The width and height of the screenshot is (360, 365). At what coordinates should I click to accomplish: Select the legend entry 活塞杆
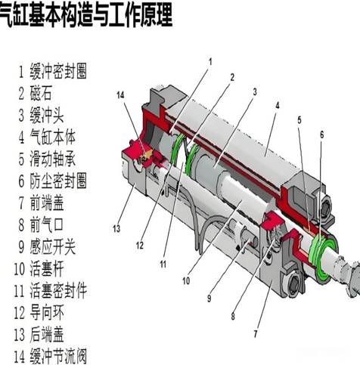pos(49,268)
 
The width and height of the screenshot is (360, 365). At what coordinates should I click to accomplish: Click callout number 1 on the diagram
pos(210,60)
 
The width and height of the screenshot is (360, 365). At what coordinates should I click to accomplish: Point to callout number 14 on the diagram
pos(120,94)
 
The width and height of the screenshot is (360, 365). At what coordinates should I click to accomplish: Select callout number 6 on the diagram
pos(321,135)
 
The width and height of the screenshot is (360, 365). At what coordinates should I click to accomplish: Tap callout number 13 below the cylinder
pos(117,228)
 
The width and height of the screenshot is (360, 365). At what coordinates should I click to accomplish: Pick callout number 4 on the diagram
pos(278,106)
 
